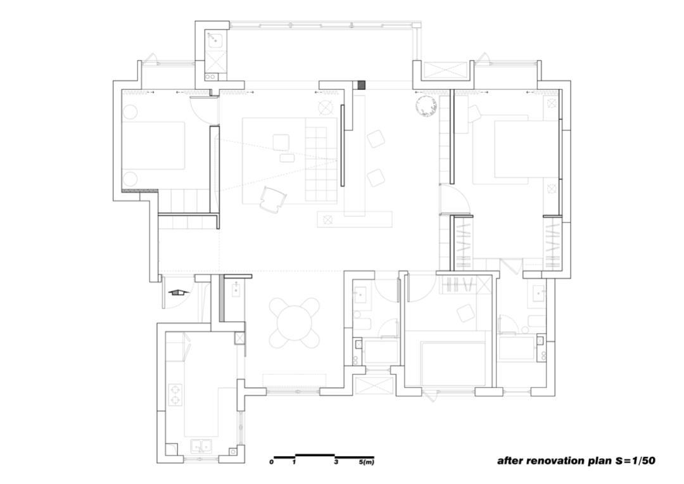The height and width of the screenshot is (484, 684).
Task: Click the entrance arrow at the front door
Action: pos(176,292)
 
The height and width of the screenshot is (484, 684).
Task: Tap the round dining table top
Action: pos(294,323)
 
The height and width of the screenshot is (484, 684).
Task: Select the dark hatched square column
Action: pos(362,85)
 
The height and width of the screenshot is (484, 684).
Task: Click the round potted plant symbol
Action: pos(426,107)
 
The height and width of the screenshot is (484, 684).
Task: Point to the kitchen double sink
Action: pos(201,447)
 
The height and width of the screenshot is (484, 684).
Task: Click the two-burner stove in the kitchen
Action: pos(175,395)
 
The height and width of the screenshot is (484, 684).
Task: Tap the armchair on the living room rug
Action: pos(272,200)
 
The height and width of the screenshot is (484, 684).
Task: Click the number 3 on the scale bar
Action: pos(336,462)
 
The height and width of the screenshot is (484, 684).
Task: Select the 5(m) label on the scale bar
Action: pos(367,462)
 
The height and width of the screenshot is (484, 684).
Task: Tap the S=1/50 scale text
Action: pos(635,460)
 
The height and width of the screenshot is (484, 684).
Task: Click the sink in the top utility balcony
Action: pos(215,40)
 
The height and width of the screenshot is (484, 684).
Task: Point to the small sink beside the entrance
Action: pos(236,289)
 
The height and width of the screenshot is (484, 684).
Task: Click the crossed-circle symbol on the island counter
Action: pos(327,220)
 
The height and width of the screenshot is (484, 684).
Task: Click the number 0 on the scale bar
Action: pos(271,462)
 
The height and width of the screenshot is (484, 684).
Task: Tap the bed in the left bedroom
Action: pos(153,145)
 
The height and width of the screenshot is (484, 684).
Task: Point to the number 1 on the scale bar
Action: pos(294,462)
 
